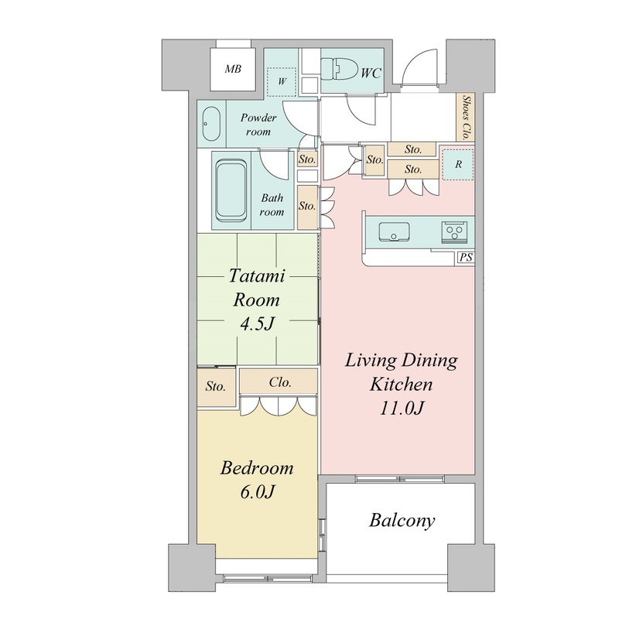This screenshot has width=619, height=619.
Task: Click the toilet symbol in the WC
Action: [338, 69]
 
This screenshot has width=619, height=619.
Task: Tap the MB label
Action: [233, 69]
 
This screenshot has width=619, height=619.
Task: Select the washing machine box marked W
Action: [282, 82]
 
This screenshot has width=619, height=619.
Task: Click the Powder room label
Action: [258, 125]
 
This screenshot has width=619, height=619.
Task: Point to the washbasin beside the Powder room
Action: [211, 123]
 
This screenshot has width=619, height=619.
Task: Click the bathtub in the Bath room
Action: [231, 190]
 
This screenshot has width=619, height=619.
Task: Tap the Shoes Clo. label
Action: [466, 118]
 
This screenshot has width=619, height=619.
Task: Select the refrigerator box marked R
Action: [458, 164]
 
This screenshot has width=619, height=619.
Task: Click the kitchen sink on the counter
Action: [394, 231]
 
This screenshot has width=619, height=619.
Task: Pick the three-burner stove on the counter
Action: [454, 231]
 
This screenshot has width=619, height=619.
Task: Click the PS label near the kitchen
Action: [467, 258]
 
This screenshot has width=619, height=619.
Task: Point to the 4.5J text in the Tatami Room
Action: [257, 323]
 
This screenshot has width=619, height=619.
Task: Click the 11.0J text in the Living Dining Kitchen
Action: [402, 409]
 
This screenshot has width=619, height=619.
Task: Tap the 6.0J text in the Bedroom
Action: [257, 492]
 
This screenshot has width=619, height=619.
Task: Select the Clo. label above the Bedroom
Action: [280, 382]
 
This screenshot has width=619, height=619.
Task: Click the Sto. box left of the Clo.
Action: [217, 386]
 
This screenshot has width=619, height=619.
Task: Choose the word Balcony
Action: [402, 521]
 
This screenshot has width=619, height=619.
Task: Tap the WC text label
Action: [371, 73]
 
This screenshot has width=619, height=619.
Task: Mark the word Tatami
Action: [257, 275]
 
